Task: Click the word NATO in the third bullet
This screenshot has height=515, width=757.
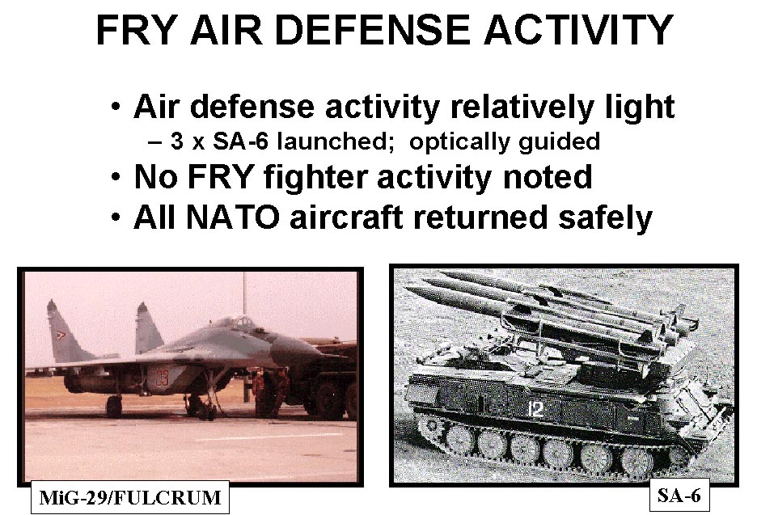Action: [233, 217]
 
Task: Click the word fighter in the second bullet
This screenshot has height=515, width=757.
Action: [315, 177]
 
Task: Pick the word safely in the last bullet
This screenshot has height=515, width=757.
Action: [605, 217]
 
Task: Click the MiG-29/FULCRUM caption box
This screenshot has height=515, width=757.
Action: [130, 497]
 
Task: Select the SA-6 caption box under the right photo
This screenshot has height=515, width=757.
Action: [679, 495]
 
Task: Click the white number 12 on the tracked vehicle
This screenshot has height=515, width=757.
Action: [535, 409]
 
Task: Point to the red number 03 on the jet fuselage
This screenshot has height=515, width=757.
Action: [162, 377]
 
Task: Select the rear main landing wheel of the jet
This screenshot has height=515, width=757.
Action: [114, 407]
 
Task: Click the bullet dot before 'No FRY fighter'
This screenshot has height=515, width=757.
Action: [116, 177]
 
